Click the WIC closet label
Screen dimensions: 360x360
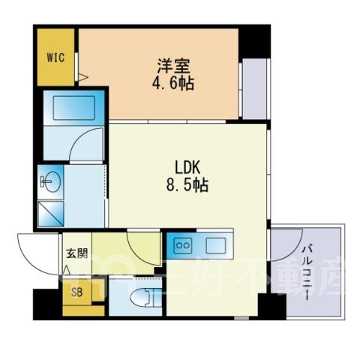(55, 58)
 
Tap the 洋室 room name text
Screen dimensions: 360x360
(173, 66)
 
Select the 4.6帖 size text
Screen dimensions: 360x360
(173, 83)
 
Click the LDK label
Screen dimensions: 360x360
(187, 167)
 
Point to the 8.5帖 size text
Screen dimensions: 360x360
(187, 185)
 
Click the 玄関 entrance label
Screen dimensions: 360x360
(77, 253)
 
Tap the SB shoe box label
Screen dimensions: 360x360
(76, 292)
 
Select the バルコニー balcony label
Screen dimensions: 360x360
(307, 273)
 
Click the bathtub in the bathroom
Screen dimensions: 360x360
(74, 108)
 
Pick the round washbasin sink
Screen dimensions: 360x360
(51, 181)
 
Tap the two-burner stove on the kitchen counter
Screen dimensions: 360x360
(183, 246)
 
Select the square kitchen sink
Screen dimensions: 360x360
(216, 245)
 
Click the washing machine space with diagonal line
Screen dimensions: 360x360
(51, 214)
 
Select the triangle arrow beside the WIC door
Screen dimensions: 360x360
(83, 76)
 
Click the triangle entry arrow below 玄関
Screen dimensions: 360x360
(66, 271)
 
